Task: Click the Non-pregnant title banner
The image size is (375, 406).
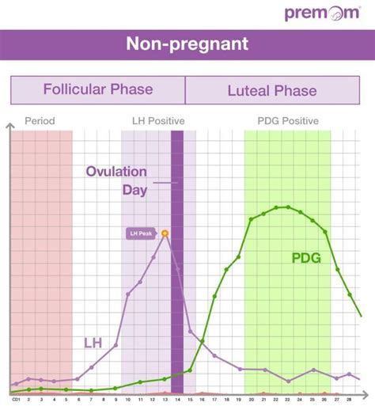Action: pyautogui.click(x=187, y=44)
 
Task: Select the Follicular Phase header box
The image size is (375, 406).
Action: pyautogui.click(x=98, y=89)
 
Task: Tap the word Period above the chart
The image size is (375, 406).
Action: pyautogui.click(x=39, y=121)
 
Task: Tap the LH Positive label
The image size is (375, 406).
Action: pyautogui.click(x=157, y=121)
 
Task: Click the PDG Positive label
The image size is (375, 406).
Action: pyautogui.click(x=288, y=121)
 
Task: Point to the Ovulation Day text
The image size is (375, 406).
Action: pyautogui.click(x=116, y=180)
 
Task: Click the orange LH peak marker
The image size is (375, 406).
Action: pyautogui.click(x=165, y=233)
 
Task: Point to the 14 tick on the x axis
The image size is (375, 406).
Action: pyautogui.click(x=177, y=400)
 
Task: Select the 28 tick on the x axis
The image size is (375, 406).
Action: pyautogui.click(x=349, y=400)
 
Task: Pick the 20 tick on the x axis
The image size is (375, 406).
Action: pyautogui.click(x=251, y=400)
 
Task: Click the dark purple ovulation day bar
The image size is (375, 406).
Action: pyautogui.click(x=177, y=301)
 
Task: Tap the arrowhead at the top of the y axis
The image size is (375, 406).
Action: pyautogui.click(x=10, y=126)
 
